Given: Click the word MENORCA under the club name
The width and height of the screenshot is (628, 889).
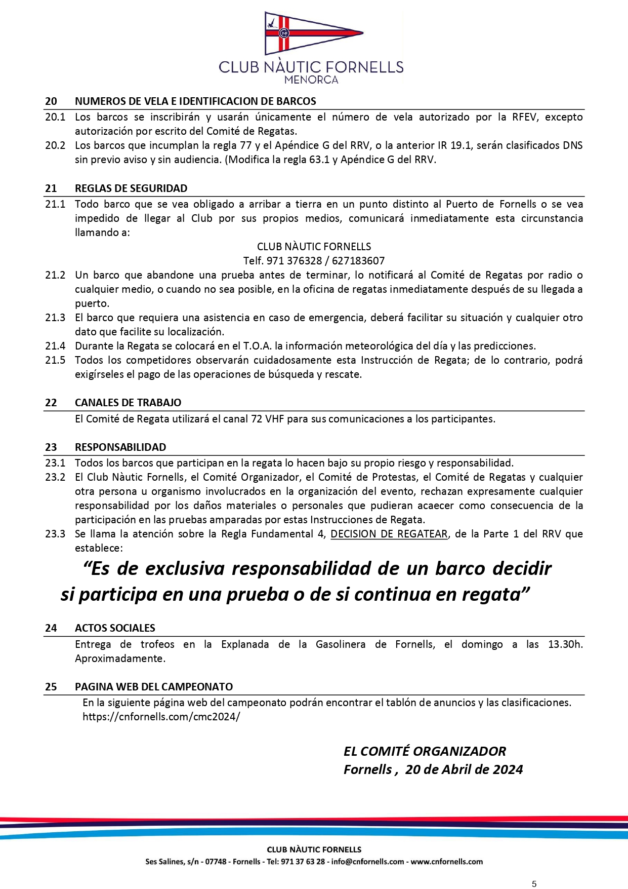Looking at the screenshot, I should tap(311, 80).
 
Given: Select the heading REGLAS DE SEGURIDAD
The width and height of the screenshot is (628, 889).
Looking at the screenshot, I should tap(131, 188).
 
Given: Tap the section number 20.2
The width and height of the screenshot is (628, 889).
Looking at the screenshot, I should tap(55, 145).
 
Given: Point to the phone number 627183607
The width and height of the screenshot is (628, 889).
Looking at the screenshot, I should tap(358, 261).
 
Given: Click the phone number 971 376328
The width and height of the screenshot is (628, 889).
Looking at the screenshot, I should tap(294, 261).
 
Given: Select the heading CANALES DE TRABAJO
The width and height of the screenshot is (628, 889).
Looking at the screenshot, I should tap(128, 403).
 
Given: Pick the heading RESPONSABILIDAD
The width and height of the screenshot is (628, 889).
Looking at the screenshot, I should tap(120, 447).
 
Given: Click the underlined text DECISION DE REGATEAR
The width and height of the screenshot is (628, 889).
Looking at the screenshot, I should tap(389, 534).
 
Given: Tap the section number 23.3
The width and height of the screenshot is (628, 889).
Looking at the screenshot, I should tap(55, 534).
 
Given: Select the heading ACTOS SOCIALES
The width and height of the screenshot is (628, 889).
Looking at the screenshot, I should tap(115, 628).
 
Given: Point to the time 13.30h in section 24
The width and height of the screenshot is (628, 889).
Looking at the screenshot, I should tap(565, 644).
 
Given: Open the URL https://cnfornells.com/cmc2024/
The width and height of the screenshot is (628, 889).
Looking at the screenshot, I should tap(161, 717).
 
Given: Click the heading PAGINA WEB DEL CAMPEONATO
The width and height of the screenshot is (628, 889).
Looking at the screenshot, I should tap(154, 687).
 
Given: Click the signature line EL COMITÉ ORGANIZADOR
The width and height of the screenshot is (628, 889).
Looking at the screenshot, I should tap(425, 751).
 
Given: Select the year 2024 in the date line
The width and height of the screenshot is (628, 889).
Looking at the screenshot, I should tap(508, 769).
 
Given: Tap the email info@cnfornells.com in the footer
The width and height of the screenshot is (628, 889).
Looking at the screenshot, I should tap(367, 862).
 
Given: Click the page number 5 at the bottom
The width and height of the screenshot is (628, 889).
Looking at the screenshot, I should tap(534, 884).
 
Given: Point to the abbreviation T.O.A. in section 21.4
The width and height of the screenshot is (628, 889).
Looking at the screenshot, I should tap(257, 346).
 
